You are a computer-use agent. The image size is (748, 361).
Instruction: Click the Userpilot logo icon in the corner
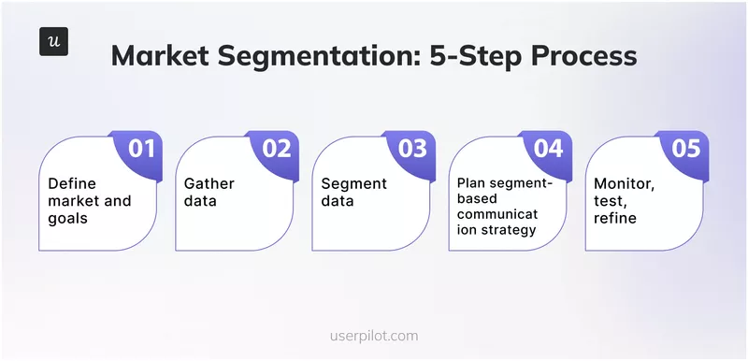[x=53, y=43]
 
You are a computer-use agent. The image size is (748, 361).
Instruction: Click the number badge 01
[x=140, y=148]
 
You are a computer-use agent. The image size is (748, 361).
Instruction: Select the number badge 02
[x=277, y=148]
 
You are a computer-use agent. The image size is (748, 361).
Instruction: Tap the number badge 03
[x=413, y=148]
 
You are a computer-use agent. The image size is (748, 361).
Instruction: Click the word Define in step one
[x=72, y=183]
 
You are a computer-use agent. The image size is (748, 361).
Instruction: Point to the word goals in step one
[x=68, y=217]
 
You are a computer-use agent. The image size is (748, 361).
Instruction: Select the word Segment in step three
[x=352, y=183]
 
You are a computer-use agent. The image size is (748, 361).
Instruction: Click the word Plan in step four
[x=473, y=182]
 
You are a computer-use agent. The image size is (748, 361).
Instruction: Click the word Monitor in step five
[x=624, y=183]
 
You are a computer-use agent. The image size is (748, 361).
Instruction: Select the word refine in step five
[x=614, y=217]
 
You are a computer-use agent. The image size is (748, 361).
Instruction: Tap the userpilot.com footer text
[x=374, y=335]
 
